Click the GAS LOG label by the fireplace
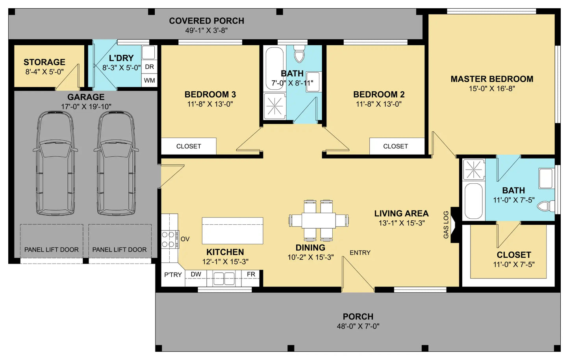446,225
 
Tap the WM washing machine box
149,81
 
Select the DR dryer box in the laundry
149,67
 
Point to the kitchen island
232,231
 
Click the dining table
319,220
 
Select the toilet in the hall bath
300,54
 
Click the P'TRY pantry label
173,275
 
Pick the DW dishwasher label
196,274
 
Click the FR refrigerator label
251,274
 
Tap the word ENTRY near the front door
360,253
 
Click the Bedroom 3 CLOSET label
189,146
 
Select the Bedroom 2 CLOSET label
395,146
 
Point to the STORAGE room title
44,62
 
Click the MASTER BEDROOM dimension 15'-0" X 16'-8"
492,89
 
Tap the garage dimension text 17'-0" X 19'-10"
86,107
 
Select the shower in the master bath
474,170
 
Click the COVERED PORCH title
206,21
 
